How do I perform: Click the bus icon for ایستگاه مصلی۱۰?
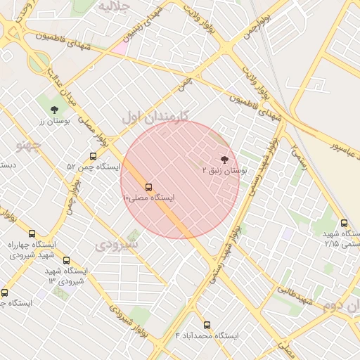point(148,187)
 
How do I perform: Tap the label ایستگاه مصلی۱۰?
point(149,198)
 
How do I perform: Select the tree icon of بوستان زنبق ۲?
point(224,160)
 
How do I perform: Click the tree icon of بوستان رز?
point(54,110)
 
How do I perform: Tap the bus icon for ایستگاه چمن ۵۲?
point(93,156)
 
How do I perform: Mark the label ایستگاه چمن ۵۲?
point(94,167)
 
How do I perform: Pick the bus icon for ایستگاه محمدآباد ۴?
point(207,325)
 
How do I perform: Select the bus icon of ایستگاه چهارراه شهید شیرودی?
point(32,233)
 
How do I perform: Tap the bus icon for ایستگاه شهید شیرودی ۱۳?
point(66,260)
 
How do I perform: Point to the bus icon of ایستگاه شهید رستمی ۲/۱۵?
point(344,223)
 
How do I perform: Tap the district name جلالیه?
point(115,6)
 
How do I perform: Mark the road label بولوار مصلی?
point(94,128)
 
